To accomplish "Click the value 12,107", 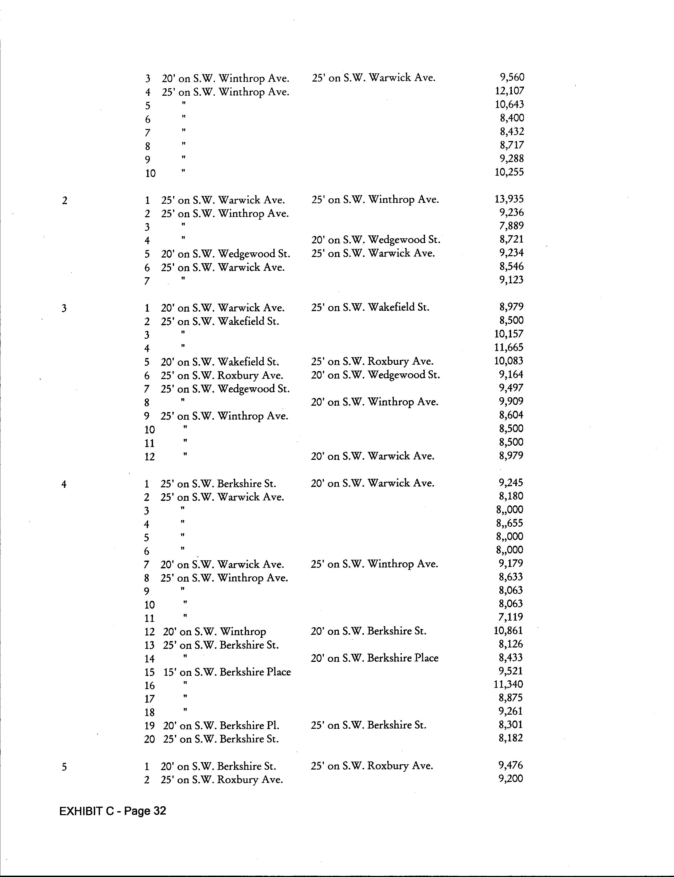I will pos(509,91).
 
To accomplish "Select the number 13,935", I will pos(509,199).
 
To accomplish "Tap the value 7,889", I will pos(511,226).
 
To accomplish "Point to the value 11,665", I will pos(508,347).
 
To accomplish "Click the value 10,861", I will pos(508,631).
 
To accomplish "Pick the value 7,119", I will pos(510,617).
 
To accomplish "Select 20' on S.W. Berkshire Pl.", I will pos(221,725).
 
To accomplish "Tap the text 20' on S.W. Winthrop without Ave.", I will pos(214,631).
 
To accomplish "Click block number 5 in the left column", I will pos(64,767).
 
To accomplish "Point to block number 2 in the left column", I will pos(65,200).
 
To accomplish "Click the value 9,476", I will pos(510,765).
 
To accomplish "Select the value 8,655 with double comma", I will pos(509,523).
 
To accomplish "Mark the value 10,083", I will pos(508,361).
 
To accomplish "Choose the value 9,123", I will pos(511,280).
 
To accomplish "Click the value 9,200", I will pos(510,779).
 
